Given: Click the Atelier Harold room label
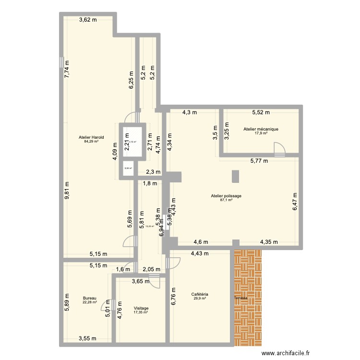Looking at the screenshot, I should pyautogui.click(x=91, y=137).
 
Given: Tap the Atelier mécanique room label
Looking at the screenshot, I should pyautogui.click(x=261, y=129).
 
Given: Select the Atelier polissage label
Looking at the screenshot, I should pyautogui.click(x=226, y=196).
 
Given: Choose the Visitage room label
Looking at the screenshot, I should pyautogui.click(x=141, y=308).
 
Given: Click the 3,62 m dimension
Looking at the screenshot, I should pyautogui.click(x=88, y=20).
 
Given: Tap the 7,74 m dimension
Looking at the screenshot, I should pyautogui.click(x=67, y=72).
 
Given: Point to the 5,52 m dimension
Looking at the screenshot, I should pyautogui.click(x=261, y=113).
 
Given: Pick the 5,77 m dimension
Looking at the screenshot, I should pyautogui.click(x=259, y=162).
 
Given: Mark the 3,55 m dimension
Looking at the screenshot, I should pyautogui.click(x=87, y=338).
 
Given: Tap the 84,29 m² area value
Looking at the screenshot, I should pyautogui.click(x=91, y=142).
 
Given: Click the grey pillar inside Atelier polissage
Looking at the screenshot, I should pyautogui.click(x=235, y=176).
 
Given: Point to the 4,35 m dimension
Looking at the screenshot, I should pyautogui.click(x=269, y=242).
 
